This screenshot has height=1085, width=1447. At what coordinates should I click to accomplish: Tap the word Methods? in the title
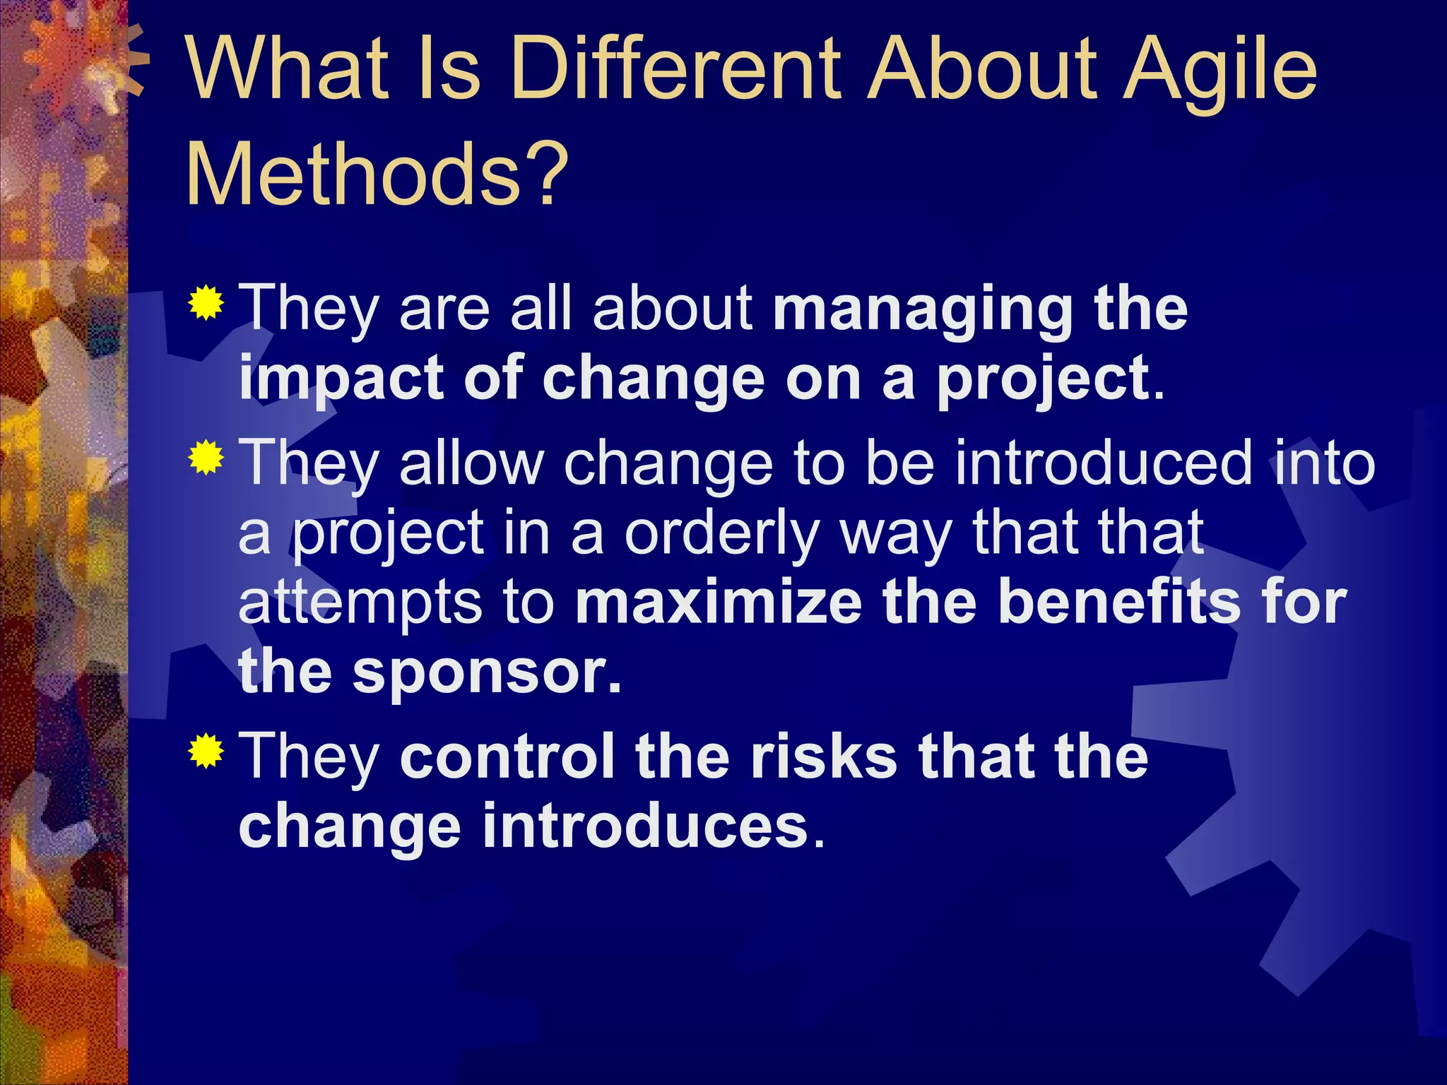(x=377, y=173)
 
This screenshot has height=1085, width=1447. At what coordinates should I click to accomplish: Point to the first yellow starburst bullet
(x=206, y=304)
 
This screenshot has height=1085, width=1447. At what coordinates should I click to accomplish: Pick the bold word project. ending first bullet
(x=1049, y=380)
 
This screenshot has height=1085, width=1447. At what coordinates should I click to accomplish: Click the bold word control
(x=507, y=756)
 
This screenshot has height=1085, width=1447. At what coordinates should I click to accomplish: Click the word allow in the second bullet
(x=471, y=463)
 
